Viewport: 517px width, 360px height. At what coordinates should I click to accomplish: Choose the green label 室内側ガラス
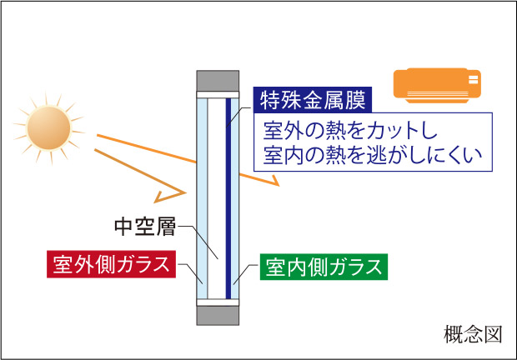(324, 267)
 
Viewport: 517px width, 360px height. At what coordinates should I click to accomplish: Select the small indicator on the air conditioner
(474, 81)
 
